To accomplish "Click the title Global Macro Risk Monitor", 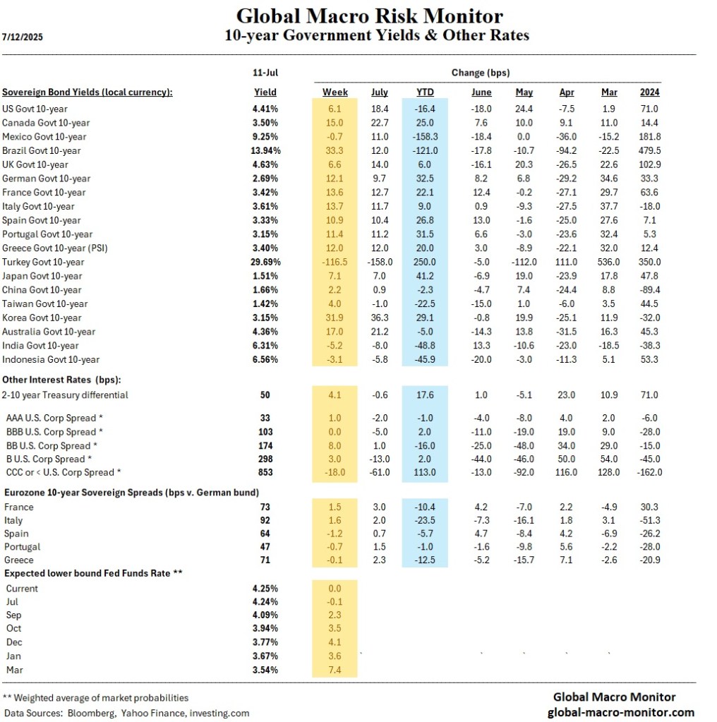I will click(x=369, y=16).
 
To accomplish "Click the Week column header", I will click(x=335, y=92).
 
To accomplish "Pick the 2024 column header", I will click(x=649, y=92).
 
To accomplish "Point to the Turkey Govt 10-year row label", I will click(x=47, y=262).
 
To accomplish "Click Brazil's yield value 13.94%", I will click(x=265, y=150).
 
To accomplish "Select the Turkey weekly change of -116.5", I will click(x=335, y=262).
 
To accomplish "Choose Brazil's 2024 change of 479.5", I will click(x=649, y=150).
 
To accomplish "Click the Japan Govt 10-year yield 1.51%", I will click(x=265, y=276).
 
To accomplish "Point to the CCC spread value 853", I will click(x=265, y=472).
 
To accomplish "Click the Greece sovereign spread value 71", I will click(x=265, y=561).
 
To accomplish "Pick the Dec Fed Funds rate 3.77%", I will click(x=265, y=642).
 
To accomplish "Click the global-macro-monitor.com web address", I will click(x=621, y=712).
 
